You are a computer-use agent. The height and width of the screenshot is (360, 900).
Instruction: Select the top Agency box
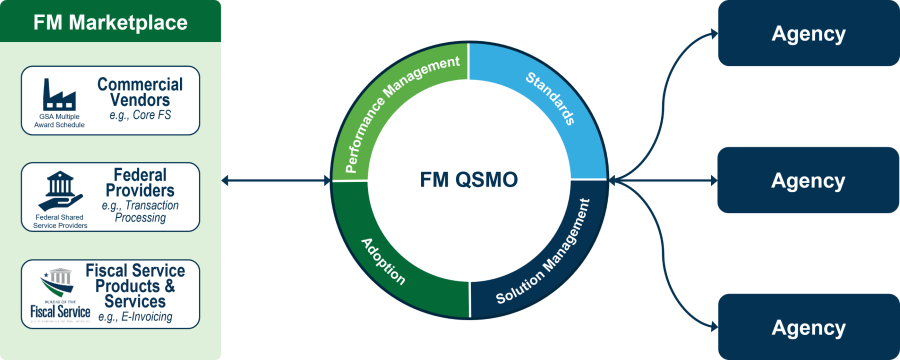(x=808, y=33)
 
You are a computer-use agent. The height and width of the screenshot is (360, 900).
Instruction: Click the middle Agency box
(x=808, y=180)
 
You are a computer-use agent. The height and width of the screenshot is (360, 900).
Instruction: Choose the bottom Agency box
(x=808, y=327)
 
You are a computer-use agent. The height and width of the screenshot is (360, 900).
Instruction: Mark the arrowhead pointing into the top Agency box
(x=712, y=33)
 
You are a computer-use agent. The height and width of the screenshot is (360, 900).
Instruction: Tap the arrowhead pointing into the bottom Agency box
(x=712, y=327)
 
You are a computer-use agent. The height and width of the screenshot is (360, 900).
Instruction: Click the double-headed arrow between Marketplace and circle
(x=275, y=181)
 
